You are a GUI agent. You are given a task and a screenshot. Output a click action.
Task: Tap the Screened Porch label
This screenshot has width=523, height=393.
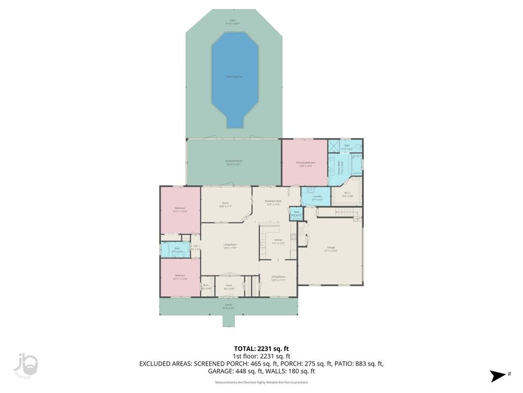click(x=234, y=162)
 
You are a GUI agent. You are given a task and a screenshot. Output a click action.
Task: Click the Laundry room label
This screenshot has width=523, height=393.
click(x=317, y=197)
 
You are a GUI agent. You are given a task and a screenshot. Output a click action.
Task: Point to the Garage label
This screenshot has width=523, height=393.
click(x=331, y=249)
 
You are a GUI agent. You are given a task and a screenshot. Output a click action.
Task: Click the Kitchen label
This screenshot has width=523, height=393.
click(x=278, y=242)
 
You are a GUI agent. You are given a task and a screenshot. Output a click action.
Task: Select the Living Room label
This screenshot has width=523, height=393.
click(x=230, y=246)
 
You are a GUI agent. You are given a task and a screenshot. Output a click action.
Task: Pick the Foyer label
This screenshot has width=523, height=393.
click(x=229, y=287)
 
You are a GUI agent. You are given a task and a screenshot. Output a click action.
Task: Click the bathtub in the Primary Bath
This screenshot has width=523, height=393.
click(x=356, y=166)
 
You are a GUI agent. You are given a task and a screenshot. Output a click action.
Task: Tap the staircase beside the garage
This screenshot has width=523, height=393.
click(x=341, y=215)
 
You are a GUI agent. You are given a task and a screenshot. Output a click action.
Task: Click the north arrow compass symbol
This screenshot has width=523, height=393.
click(x=497, y=376)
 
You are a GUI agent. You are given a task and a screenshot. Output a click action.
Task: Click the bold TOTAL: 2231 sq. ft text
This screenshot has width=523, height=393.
click(x=261, y=348)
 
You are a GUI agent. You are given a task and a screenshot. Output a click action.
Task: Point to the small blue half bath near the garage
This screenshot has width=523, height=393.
click(x=296, y=214)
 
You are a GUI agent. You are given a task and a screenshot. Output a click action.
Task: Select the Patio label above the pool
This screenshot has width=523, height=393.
click(x=233, y=22)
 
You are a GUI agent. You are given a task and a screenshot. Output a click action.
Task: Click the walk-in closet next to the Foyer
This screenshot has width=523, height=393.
click(x=206, y=287)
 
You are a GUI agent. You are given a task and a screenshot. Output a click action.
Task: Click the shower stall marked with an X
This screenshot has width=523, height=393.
click(x=334, y=147)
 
